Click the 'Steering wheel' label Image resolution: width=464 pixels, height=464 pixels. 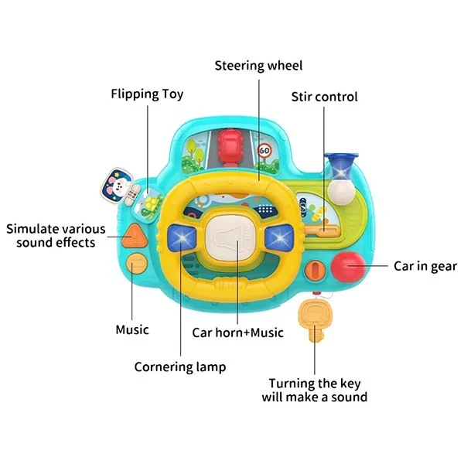[x=258, y=66]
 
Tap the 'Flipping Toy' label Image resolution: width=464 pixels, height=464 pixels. [x=147, y=94]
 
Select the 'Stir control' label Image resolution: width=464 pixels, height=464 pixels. [x=324, y=97]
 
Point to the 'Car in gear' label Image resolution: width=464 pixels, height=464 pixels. [x=425, y=266]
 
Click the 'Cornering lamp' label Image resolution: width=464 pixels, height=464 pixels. [x=180, y=367]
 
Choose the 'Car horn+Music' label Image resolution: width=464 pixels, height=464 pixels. [x=237, y=333]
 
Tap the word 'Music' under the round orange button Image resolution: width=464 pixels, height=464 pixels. [x=132, y=329]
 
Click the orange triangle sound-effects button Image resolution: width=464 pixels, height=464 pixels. [x=135, y=237]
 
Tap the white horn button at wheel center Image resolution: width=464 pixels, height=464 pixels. [x=230, y=238]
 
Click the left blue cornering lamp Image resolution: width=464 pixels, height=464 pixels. [x=182, y=237]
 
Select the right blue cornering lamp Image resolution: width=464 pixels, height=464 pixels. [x=279, y=237]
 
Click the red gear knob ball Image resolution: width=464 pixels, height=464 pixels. [x=348, y=267]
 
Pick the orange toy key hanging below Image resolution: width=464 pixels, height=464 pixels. [x=314, y=318]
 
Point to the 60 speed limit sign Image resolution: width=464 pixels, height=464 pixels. [x=264, y=151]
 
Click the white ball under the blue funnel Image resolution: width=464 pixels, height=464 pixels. [x=341, y=192]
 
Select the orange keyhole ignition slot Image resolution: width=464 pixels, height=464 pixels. [x=316, y=270]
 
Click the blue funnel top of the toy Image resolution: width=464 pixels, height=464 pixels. [x=341, y=165]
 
